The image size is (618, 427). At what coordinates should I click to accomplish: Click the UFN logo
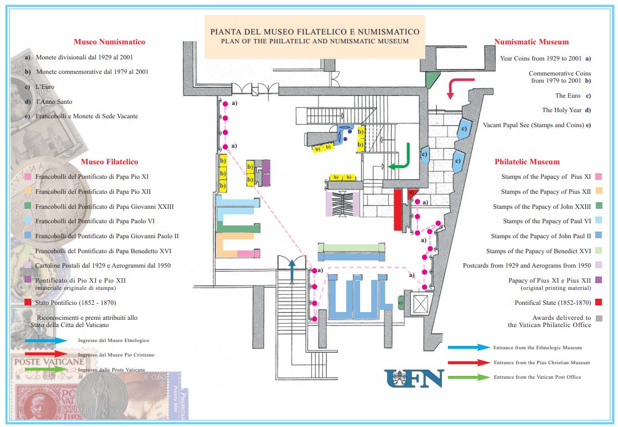tap(414, 379)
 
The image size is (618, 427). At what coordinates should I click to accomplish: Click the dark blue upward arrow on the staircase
tap(292, 272)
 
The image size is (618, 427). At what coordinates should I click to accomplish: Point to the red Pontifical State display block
tap(398, 209)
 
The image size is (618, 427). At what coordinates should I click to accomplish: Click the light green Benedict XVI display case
tap(351, 248)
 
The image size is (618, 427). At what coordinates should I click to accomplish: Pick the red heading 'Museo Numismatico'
tap(109, 42)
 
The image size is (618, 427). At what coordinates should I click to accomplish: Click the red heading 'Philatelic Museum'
tap(527, 162)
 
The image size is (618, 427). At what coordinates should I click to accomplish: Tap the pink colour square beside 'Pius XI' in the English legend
tap(599, 177)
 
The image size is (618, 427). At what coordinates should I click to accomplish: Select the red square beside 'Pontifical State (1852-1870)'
tap(599, 303)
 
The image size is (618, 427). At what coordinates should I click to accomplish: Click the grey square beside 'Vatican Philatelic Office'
tap(599, 318)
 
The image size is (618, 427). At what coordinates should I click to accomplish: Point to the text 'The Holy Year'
tap(562, 110)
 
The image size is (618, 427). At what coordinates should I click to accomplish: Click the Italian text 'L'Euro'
tap(45, 87)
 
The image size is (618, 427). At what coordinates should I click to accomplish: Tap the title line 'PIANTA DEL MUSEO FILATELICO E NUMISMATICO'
tap(315, 32)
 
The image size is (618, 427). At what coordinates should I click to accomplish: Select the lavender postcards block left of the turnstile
tap(328, 204)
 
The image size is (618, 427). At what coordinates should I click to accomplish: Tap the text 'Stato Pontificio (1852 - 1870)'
tap(76, 303)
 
